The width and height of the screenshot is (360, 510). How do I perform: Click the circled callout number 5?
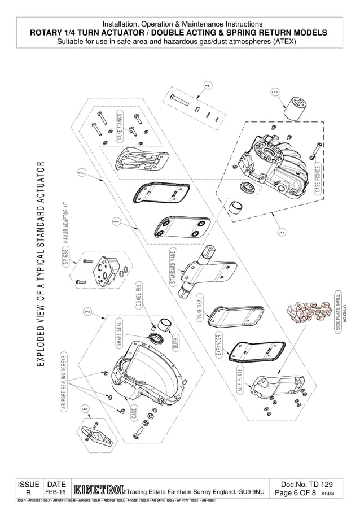pos(275,91)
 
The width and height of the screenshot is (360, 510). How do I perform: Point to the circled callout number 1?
pos(116,221)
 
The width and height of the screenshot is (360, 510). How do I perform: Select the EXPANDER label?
pos(219,345)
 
